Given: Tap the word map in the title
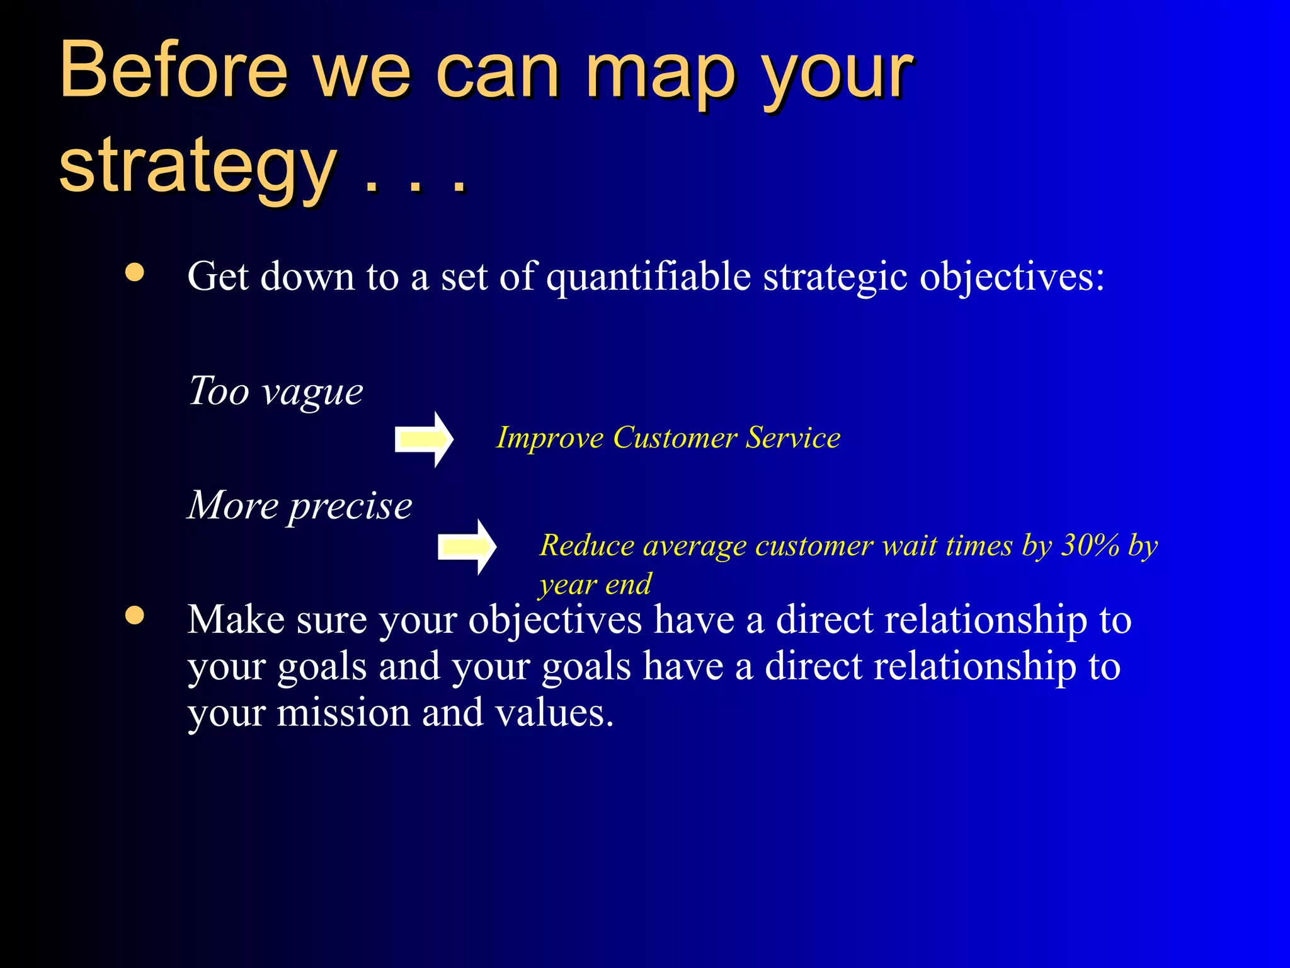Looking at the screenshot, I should pos(660,74).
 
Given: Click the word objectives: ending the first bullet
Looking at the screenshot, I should pos(1012,277).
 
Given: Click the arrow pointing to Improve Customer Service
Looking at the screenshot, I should pos(424,439).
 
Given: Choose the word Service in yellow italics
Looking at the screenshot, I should pos(793,437).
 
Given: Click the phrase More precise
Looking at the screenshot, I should pos(300,506).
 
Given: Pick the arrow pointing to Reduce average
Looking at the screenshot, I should pos(467,546).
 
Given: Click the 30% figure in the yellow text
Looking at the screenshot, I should pos(1090,545).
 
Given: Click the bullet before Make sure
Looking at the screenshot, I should pos(135,614).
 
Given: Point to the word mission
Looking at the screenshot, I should pos(344,713).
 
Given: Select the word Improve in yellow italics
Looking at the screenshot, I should pos(549,437).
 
